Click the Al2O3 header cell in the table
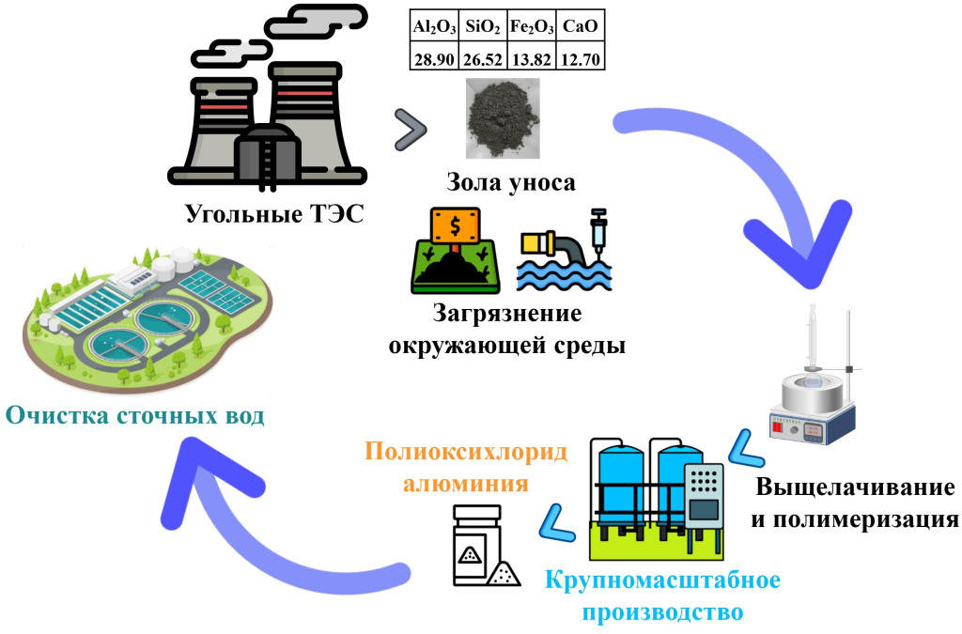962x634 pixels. point(434,27)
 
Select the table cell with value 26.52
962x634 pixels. point(483,59)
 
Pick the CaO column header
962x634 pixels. point(581,27)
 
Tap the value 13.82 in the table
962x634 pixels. point(532,59)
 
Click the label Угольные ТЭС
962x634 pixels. point(273,216)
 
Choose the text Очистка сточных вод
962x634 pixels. point(134,415)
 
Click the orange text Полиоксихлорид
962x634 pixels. point(466,453)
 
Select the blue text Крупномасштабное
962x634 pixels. point(662,579)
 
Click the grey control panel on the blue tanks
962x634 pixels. point(703,497)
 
